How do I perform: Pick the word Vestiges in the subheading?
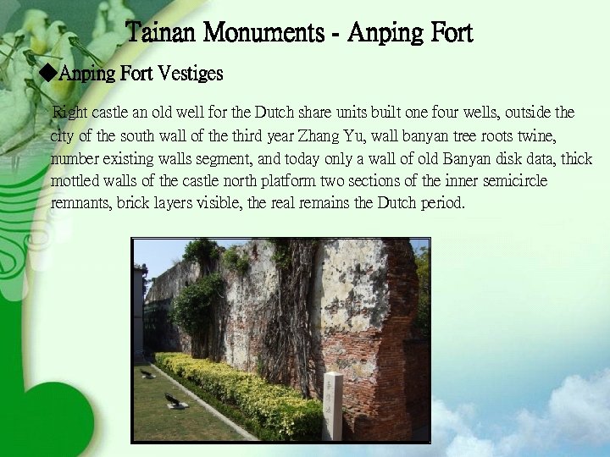191,74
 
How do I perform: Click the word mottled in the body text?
73,181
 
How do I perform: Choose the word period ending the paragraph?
442,204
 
